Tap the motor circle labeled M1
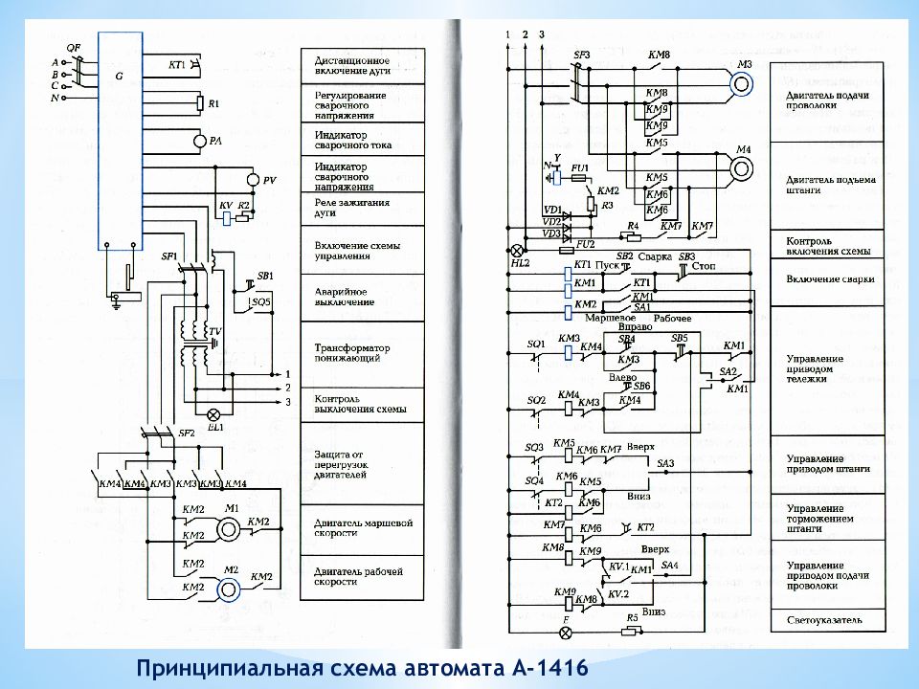click(228, 528)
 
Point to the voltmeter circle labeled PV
click(251, 179)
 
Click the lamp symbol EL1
click(214, 413)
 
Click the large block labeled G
click(120, 139)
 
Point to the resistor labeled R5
click(632, 632)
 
